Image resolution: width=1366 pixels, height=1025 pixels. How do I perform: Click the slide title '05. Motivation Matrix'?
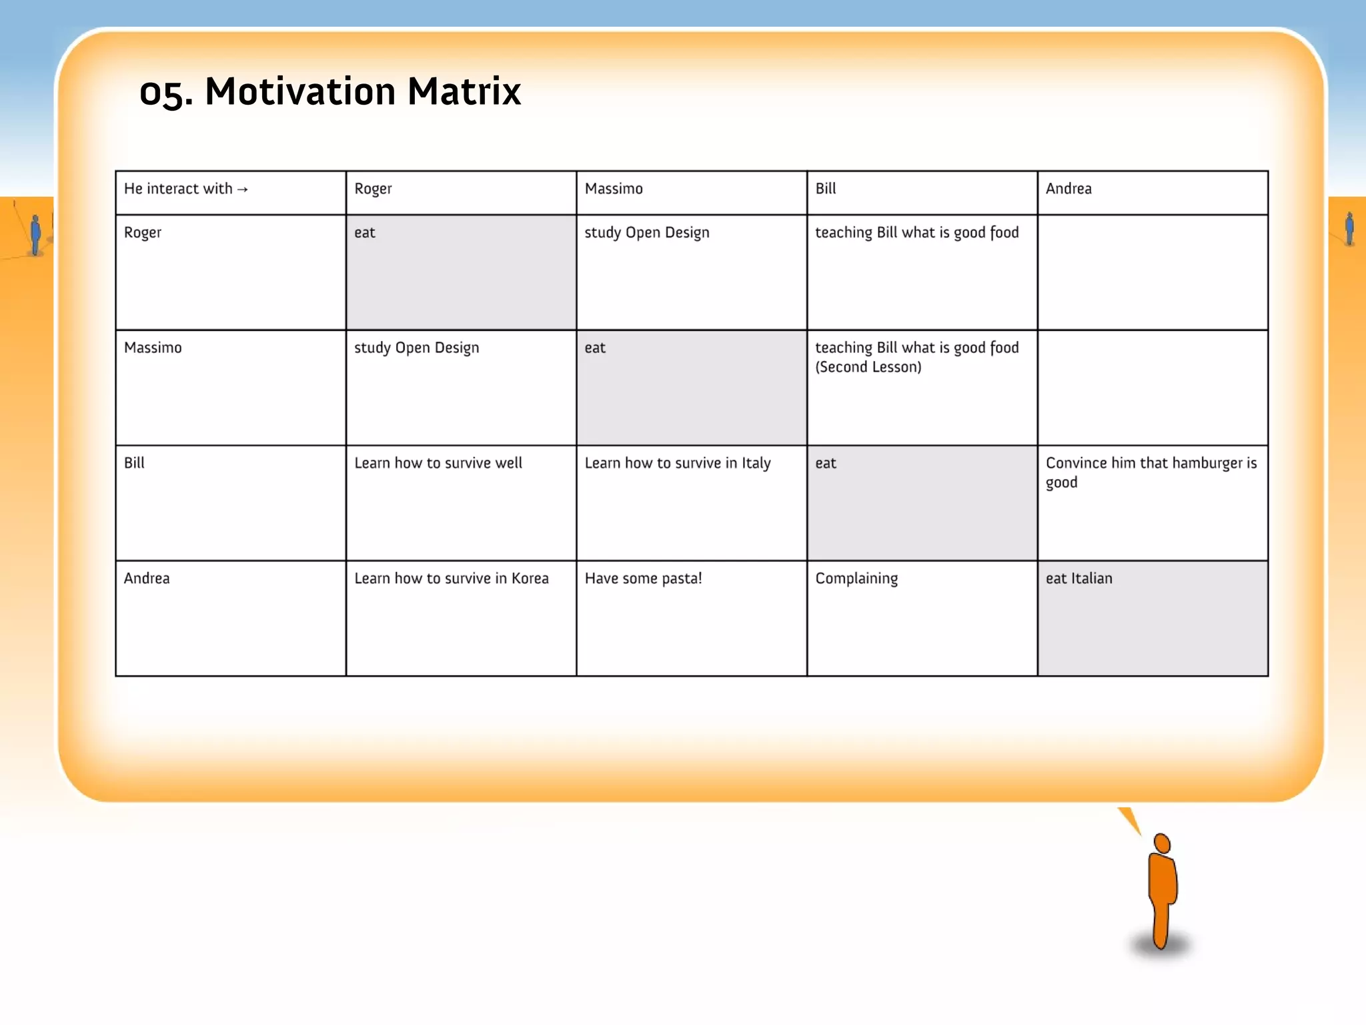click(x=329, y=91)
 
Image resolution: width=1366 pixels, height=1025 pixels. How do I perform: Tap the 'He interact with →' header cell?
click(x=185, y=189)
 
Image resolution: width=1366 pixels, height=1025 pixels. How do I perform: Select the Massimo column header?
click(x=614, y=189)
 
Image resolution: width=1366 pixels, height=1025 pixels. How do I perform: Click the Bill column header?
click(x=825, y=189)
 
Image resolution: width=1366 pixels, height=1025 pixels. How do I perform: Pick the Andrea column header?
click(x=1069, y=189)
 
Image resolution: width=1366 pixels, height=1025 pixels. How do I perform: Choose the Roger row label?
click(x=143, y=233)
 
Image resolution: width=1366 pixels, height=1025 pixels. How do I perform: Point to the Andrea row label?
click(x=147, y=579)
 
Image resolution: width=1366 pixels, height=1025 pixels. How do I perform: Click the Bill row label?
click(x=134, y=463)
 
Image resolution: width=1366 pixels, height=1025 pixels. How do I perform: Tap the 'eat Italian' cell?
click(x=1079, y=579)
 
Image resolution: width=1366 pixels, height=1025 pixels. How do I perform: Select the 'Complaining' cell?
click(x=856, y=579)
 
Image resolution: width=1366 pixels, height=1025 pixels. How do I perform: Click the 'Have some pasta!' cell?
click(x=643, y=579)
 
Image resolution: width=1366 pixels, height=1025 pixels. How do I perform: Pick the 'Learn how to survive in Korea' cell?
click(x=451, y=579)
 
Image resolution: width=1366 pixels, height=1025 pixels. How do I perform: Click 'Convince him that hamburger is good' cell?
click(x=1151, y=472)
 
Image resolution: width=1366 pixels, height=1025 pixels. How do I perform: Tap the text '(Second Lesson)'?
click(x=868, y=367)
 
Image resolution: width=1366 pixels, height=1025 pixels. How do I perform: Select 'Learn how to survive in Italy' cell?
click(x=677, y=463)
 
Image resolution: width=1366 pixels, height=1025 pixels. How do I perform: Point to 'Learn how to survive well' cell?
click(x=438, y=463)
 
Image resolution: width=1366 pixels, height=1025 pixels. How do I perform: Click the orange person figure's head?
click(x=1162, y=843)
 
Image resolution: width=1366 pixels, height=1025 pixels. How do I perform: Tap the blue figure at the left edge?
click(x=35, y=234)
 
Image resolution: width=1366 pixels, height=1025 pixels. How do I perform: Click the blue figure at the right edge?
click(x=1349, y=229)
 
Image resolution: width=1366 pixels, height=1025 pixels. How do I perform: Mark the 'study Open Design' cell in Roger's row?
click(x=646, y=233)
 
